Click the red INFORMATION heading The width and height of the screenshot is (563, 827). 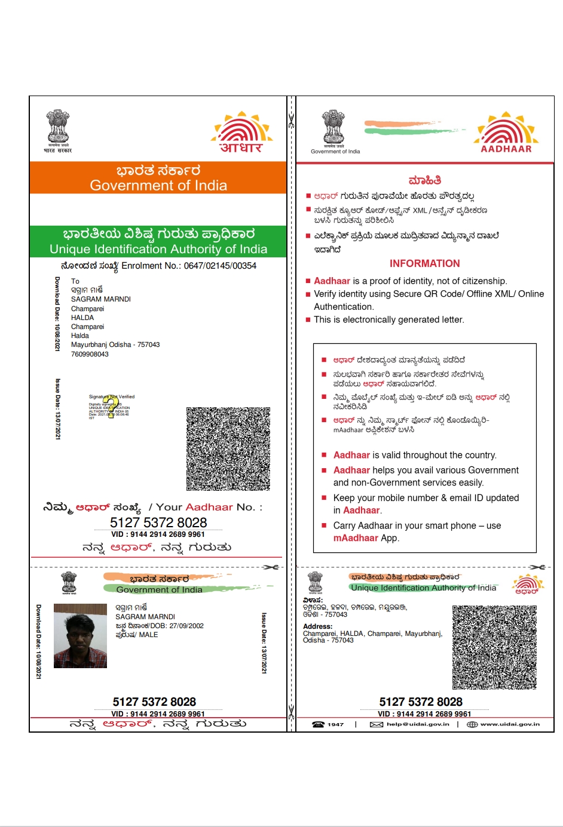pyautogui.click(x=424, y=263)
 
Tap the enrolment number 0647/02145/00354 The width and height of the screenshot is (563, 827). pyautogui.click(x=220, y=266)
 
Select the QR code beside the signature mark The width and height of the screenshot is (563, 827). pyautogui.click(x=228, y=448)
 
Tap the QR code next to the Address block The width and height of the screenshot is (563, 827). pyautogui.click(x=494, y=647)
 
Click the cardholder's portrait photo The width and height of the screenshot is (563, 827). pyautogui.click(x=80, y=635)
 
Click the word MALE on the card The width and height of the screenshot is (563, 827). pyautogui.click(x=149, y=635)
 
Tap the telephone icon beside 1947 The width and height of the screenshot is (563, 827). pyautogui.click(x=319, y=724)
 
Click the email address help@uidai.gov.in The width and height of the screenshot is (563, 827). pyautogui.click(x=417, y=724)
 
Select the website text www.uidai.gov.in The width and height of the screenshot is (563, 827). pyautogui.click(x=510, y=724)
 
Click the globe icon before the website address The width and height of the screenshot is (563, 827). pyautogui.click(x=472, y=724)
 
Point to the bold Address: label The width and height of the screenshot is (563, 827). pyautogui.click(x=317, y=626)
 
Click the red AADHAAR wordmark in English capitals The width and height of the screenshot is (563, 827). pyautogui.click(x=506, y=149)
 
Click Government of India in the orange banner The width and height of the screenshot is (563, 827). pyautogui.click(x=158, y=186)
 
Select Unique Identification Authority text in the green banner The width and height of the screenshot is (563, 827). pyautogui.click(x=158, y=249)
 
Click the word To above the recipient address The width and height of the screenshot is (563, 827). pyautogui.click(x=75, y=281)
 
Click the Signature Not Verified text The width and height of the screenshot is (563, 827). pyautogui.click(x=112, y=396)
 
